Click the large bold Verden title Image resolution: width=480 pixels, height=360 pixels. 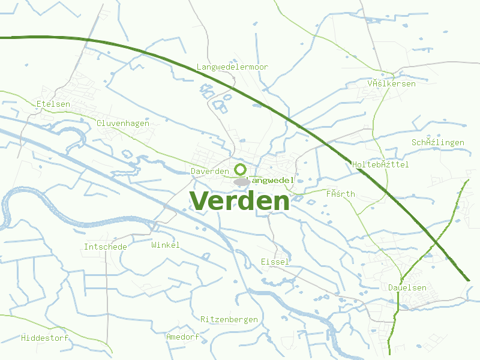pos(239,201)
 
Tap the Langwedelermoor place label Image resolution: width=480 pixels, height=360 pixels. pos(232,67)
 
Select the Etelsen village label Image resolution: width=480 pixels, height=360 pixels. pos(53,104)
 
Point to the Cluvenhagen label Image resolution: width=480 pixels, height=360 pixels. pos(122,123)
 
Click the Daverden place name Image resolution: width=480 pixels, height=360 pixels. pos(209,172)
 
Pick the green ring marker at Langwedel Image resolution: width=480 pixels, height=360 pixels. pos(240,169)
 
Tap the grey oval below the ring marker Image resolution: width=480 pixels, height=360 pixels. pos(242,181)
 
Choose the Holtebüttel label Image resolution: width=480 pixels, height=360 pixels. pos(380,164)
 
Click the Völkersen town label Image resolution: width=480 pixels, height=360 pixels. pos(391,84)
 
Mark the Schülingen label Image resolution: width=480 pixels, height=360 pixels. pos(437,143)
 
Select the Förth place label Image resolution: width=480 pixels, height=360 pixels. pos(340,194)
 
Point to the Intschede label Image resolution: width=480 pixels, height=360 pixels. pos(105,247)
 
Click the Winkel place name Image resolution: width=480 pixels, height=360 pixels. pos(165,245)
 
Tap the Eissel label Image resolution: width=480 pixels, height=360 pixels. pos(275,262)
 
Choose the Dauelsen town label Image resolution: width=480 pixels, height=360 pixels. pos(407,288)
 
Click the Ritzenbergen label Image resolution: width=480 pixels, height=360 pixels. pos(229,320)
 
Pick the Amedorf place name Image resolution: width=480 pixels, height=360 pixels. pos(182,337)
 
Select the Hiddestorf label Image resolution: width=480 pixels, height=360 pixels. pos(44,338)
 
